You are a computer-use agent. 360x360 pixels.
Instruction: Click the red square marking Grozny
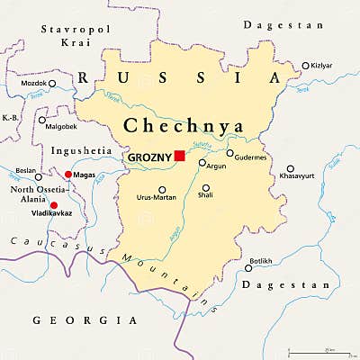coord(180,156)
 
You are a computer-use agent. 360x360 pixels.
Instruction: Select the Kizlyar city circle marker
coord(305,66)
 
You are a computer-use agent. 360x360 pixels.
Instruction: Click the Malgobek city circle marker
coord(41,119)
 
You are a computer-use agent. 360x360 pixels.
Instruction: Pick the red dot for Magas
coord(67,175)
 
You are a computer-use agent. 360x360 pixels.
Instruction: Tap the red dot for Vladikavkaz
coord(54,205)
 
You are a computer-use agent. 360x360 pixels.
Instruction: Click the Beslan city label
coord(26,170)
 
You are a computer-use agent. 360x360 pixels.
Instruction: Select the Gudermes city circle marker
coord(229,153)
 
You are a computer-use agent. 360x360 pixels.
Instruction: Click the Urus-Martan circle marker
coord(162,189)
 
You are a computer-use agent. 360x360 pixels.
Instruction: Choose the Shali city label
coord(206,194)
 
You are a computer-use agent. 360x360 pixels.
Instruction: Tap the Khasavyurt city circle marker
coord(290,168)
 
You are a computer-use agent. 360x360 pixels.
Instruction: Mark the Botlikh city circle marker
coord(248,267)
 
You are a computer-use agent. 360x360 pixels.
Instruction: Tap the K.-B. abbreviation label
coord(11,117)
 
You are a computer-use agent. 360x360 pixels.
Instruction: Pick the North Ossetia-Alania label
coord(33,195)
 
